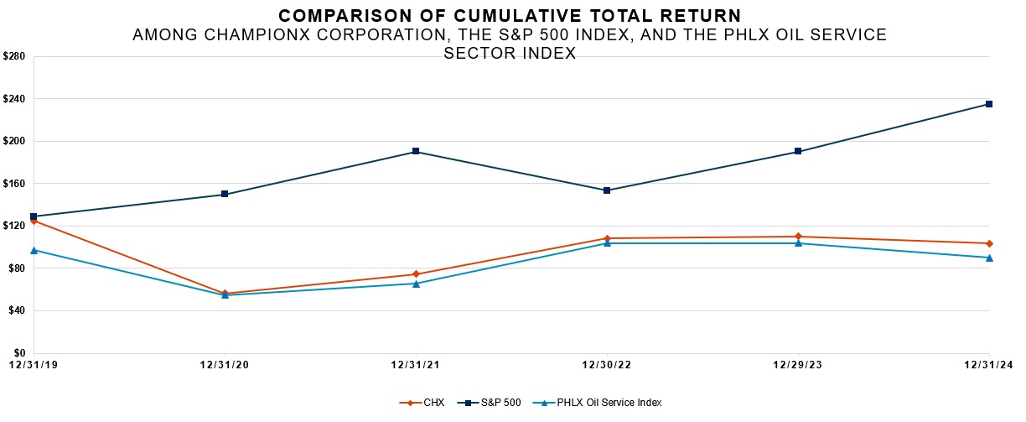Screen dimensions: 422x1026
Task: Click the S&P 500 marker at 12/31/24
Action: pyautogui.click(x=989, y=104)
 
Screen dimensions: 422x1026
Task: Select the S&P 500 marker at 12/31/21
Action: pyautogui.click(x=416, y=152)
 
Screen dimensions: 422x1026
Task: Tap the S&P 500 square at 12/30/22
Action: pyautogui.click(x=607, y=190)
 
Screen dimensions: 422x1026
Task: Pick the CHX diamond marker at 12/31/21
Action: pyautogui.click(x=416, y=274)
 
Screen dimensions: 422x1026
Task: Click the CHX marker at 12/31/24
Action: pyautogui.click(x=989, y=243)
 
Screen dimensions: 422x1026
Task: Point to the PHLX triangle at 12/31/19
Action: pyautogui.click(x=34, y=250)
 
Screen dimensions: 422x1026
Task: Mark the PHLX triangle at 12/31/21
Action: pyautogui.click(x=416, y=284)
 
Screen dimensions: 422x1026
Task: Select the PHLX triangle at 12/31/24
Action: pyautogui.click(x=989, y=258)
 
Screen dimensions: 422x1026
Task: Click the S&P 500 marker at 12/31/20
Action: pyautogui.click(x=225, y=194)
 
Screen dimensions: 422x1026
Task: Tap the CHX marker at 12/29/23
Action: pyautogui.click(x=798, y=237)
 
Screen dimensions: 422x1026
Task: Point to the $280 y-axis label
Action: pyautogui.click(x=15, y=56)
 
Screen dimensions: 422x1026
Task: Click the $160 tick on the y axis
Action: pyautogui.click(x=15, y=184)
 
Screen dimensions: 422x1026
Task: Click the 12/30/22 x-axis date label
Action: pyautogui.click(x=606, y=365)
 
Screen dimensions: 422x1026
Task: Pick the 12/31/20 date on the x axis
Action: pyautogui.click(x=224, y=365)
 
